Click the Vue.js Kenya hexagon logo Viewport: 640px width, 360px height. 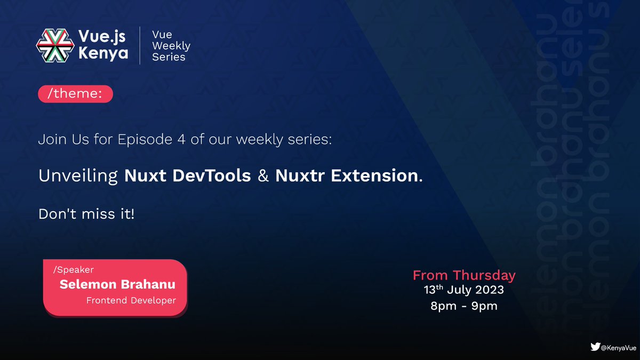pos(55,45)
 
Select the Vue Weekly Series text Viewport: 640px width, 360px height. pos(171,46)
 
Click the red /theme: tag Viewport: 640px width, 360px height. pos(75,94)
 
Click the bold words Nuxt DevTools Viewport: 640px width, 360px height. pos(188,177)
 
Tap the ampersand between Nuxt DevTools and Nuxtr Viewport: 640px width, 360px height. pos(263,177)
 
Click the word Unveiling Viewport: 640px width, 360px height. pos(78,177)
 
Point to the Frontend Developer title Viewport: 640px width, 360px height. pos(131,300)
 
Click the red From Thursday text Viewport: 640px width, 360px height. pos(464,275)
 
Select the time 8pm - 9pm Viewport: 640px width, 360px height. pos(464,307)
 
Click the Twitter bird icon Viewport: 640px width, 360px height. pos(595,347)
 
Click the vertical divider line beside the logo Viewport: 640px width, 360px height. pos(140,46)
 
